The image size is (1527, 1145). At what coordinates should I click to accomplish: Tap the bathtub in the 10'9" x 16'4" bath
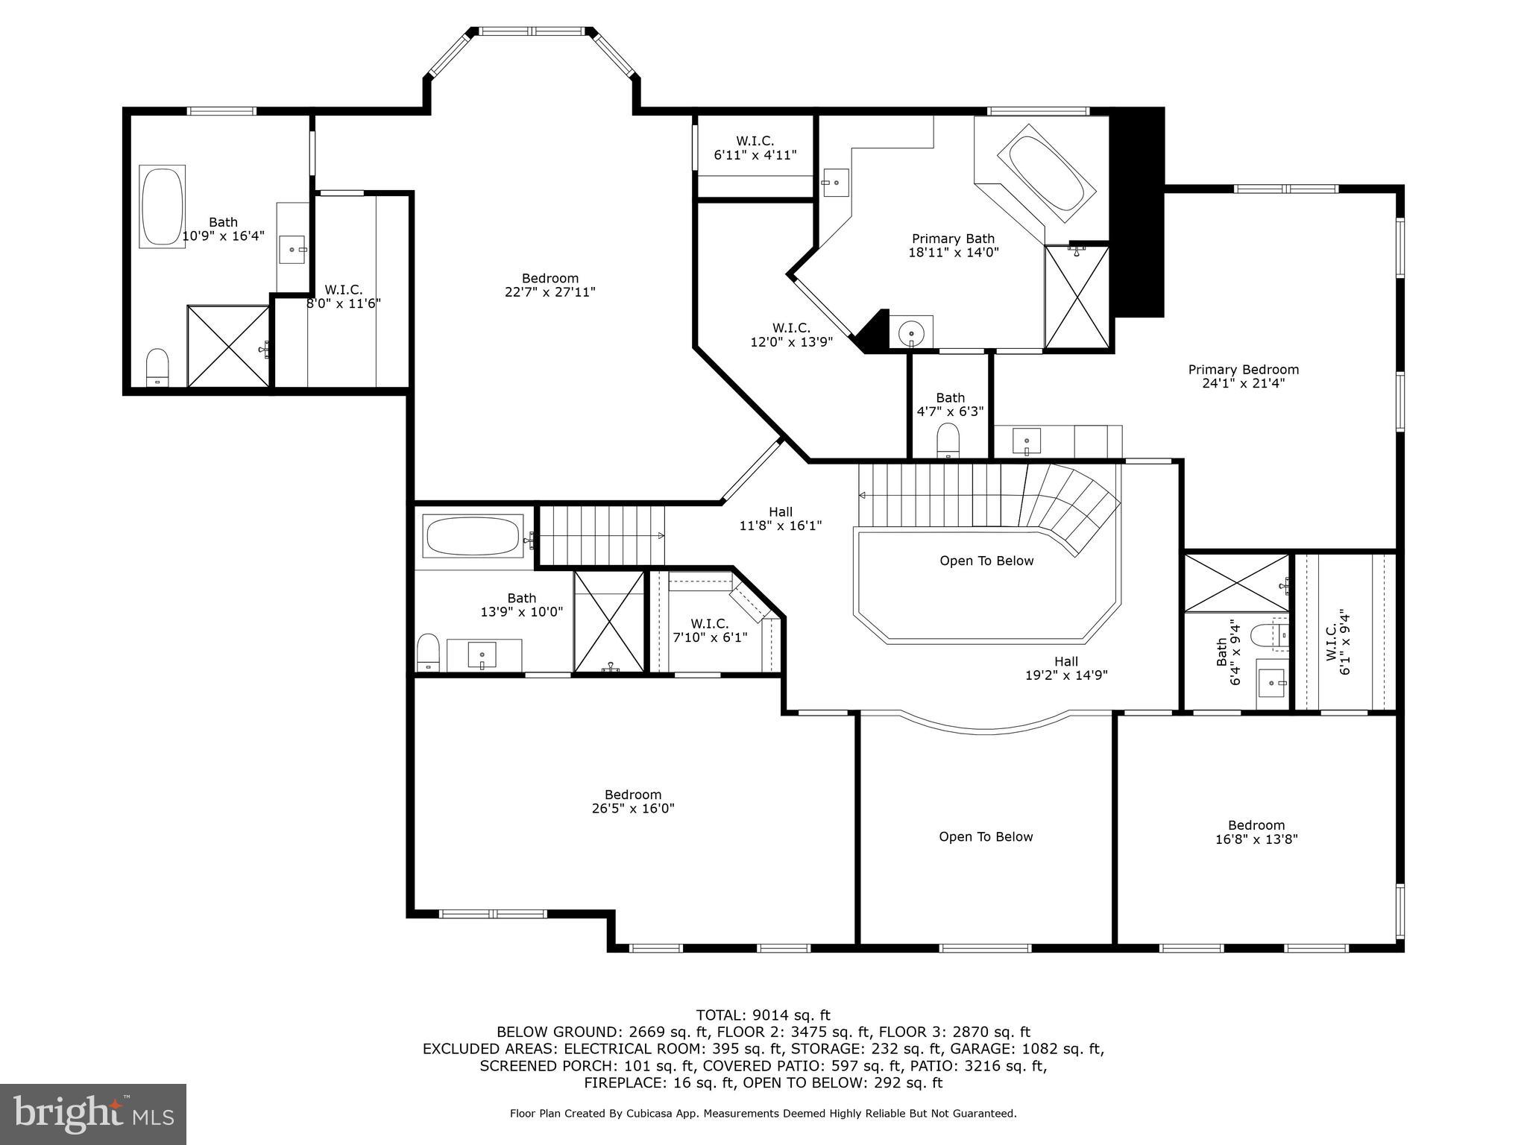pos(162,206)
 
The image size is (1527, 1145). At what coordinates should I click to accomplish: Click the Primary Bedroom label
pos(1243,370)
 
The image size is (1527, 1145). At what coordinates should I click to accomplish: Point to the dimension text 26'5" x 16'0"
pos(633,808)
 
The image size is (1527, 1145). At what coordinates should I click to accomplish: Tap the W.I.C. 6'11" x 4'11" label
pos(755,148)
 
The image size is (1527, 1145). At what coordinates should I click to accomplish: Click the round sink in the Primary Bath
pos(911,332)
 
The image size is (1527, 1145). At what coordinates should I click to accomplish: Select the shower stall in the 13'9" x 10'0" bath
pos(608,621)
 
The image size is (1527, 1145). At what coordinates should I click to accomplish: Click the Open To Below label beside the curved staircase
pos(986,561)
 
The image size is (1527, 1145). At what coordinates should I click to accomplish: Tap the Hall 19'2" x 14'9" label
pos(1065,668)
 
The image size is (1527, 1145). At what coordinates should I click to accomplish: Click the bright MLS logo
pos(93,1114)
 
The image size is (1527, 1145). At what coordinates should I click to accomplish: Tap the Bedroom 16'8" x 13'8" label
pos(1256,832)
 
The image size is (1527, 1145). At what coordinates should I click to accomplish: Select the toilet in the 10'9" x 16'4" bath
pos(157,367)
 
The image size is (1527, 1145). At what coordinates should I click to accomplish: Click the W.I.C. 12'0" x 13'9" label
pos(790,335)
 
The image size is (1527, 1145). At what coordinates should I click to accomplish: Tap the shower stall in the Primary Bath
pos(1076,297)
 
